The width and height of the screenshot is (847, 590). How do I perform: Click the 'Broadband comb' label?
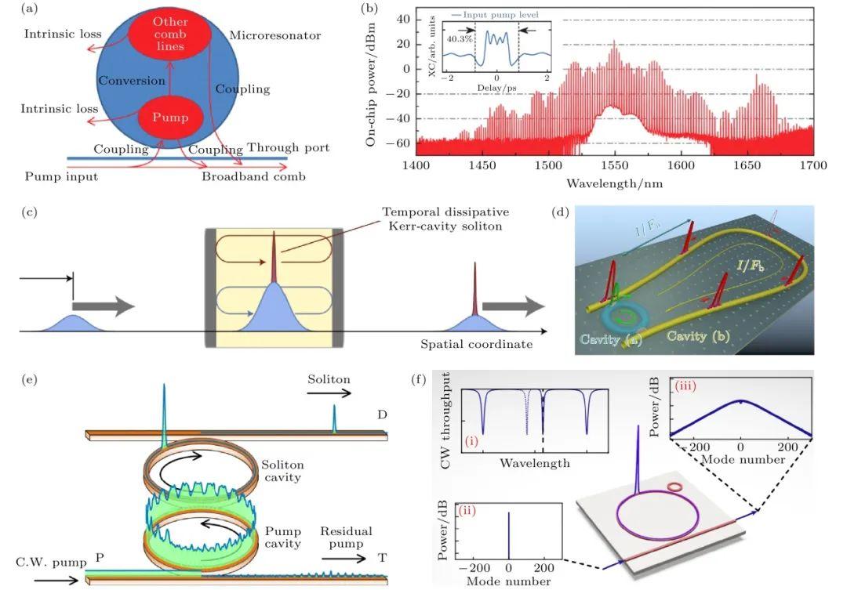click(x=254, y=176)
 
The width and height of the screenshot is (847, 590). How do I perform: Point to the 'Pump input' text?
click(x=61, y=176)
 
